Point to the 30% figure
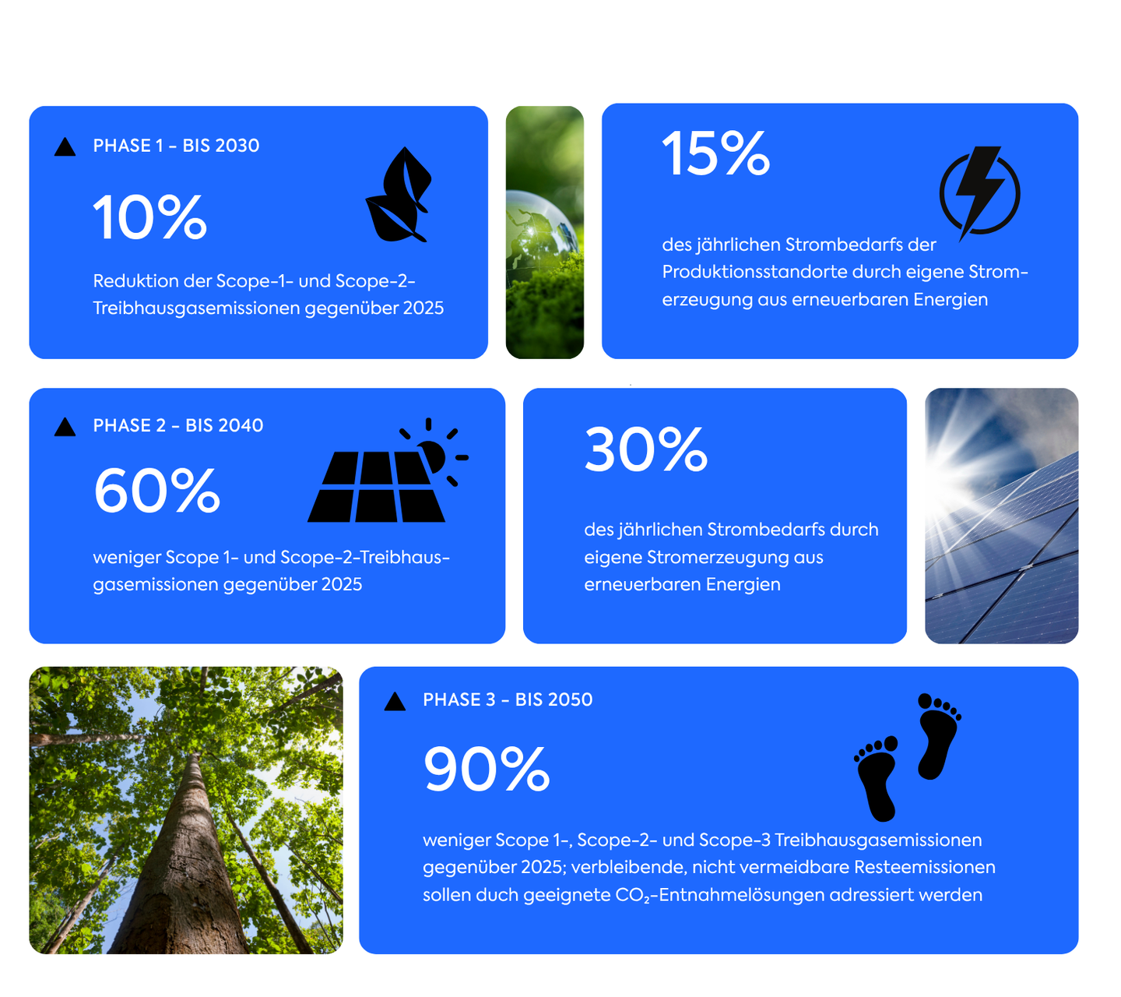click(x=645, y=449)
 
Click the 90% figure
click(x=487, y=768)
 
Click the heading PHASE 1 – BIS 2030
click(x=176, y=146)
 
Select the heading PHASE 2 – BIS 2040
click(x=178, y=425)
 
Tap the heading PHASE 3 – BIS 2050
click(x=508, y=699)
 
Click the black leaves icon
click(x=399, y=195)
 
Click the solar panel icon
click(x=388, y=470)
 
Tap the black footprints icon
click(x=908, y=756)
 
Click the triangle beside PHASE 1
click(x=65, y=147)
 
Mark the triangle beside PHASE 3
click(x=395, y=701)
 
